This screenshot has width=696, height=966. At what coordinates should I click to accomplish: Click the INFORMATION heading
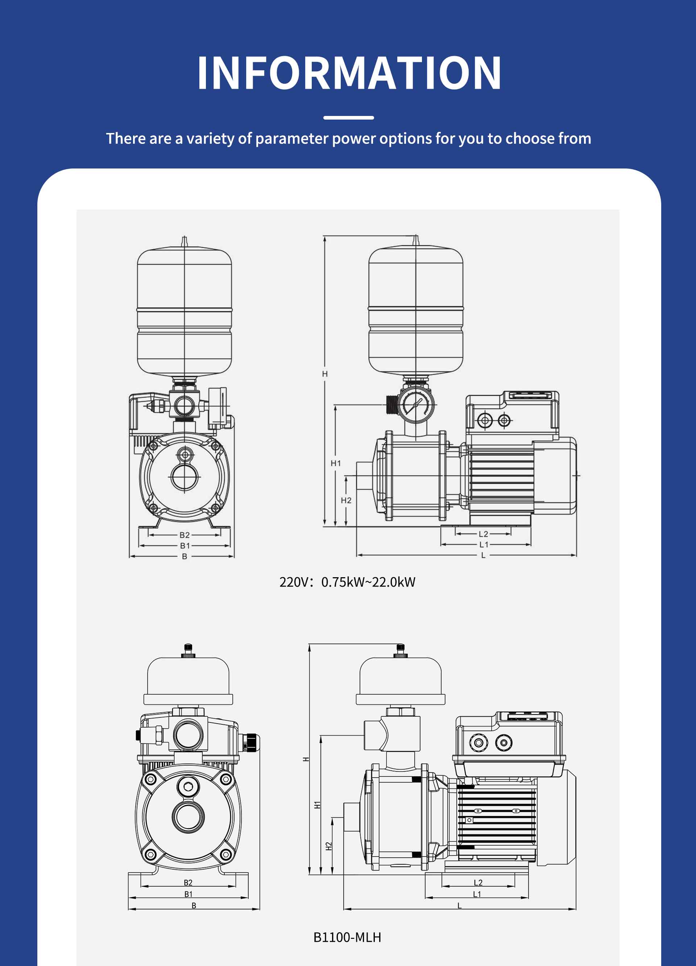point(349,73)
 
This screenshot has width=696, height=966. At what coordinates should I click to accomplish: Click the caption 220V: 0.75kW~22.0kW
point(347,582)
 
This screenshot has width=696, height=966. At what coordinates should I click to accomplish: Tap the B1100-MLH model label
point(347,937)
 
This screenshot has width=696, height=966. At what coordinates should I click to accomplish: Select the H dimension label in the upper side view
point(325,374)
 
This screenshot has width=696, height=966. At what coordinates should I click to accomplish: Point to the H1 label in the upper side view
point(336,463)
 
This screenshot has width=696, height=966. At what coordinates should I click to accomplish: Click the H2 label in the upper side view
point(346,500)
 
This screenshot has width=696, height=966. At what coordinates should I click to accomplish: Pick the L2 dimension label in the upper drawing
point(483,534)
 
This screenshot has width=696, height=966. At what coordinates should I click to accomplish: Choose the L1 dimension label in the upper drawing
point(484,544)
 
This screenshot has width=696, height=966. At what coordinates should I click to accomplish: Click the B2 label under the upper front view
point(185,535)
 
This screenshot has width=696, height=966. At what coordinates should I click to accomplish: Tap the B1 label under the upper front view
point(185,546)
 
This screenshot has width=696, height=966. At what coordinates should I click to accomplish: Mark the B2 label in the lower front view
point(188,883)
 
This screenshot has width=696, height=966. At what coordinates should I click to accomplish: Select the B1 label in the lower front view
point(188,894)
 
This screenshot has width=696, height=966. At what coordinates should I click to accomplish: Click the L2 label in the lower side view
point(478,883)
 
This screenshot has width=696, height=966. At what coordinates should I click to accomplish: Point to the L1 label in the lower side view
point(477,894)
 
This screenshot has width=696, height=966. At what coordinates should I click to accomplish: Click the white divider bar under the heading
point(349,117)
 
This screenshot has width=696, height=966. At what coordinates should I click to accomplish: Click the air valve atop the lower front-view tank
point(188,651)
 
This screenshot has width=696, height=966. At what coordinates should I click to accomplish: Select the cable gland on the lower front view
point(250,742)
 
